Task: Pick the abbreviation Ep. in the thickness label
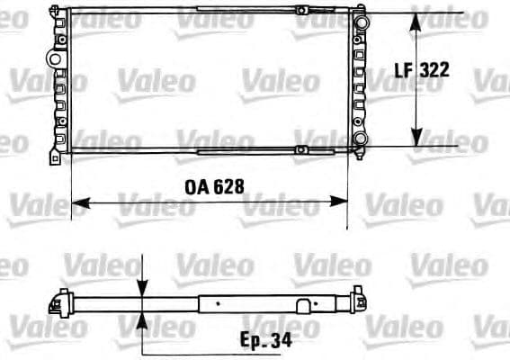[256, 342]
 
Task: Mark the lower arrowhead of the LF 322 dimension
[416, 139]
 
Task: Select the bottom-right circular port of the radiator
[360, 139]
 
